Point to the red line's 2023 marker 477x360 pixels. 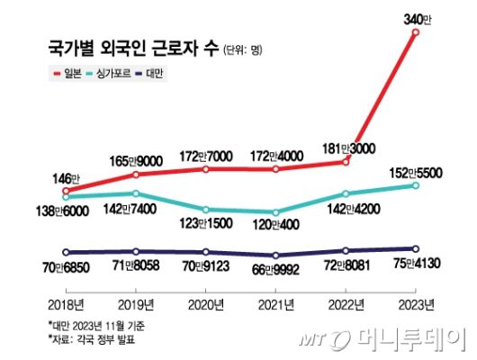point(415,32)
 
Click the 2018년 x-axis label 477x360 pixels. point(66,301)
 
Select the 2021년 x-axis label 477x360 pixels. point(276,301)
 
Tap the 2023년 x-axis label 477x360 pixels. point(415,301)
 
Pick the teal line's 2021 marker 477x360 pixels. point(276,212)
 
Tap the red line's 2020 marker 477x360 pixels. point(206,168)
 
